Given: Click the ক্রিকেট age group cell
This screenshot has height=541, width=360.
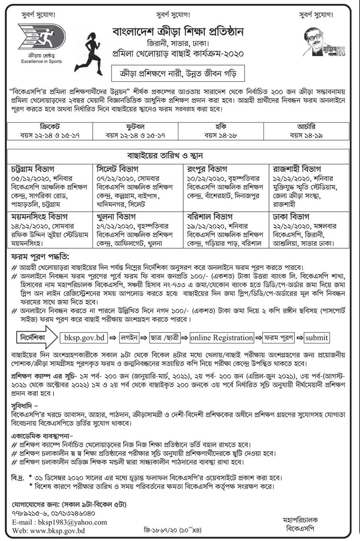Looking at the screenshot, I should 50,131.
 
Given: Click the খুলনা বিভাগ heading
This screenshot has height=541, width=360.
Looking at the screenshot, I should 116,217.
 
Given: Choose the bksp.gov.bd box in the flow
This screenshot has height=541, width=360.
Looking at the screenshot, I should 84,338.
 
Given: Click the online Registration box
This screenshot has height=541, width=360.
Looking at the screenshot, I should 222,338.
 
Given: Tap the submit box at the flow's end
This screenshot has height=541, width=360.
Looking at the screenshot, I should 317,338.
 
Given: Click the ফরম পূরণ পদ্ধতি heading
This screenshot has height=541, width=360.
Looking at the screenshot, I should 39,255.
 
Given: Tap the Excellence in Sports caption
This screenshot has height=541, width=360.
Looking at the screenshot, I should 42,62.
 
